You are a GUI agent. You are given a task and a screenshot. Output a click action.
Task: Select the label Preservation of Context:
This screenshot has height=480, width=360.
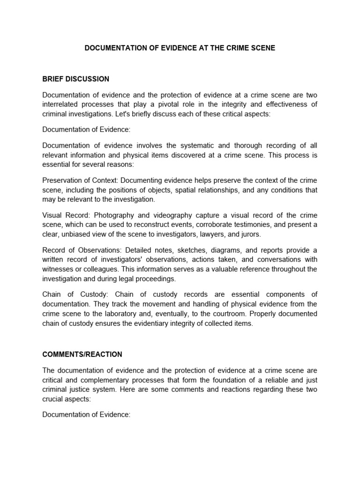(80, 180)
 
